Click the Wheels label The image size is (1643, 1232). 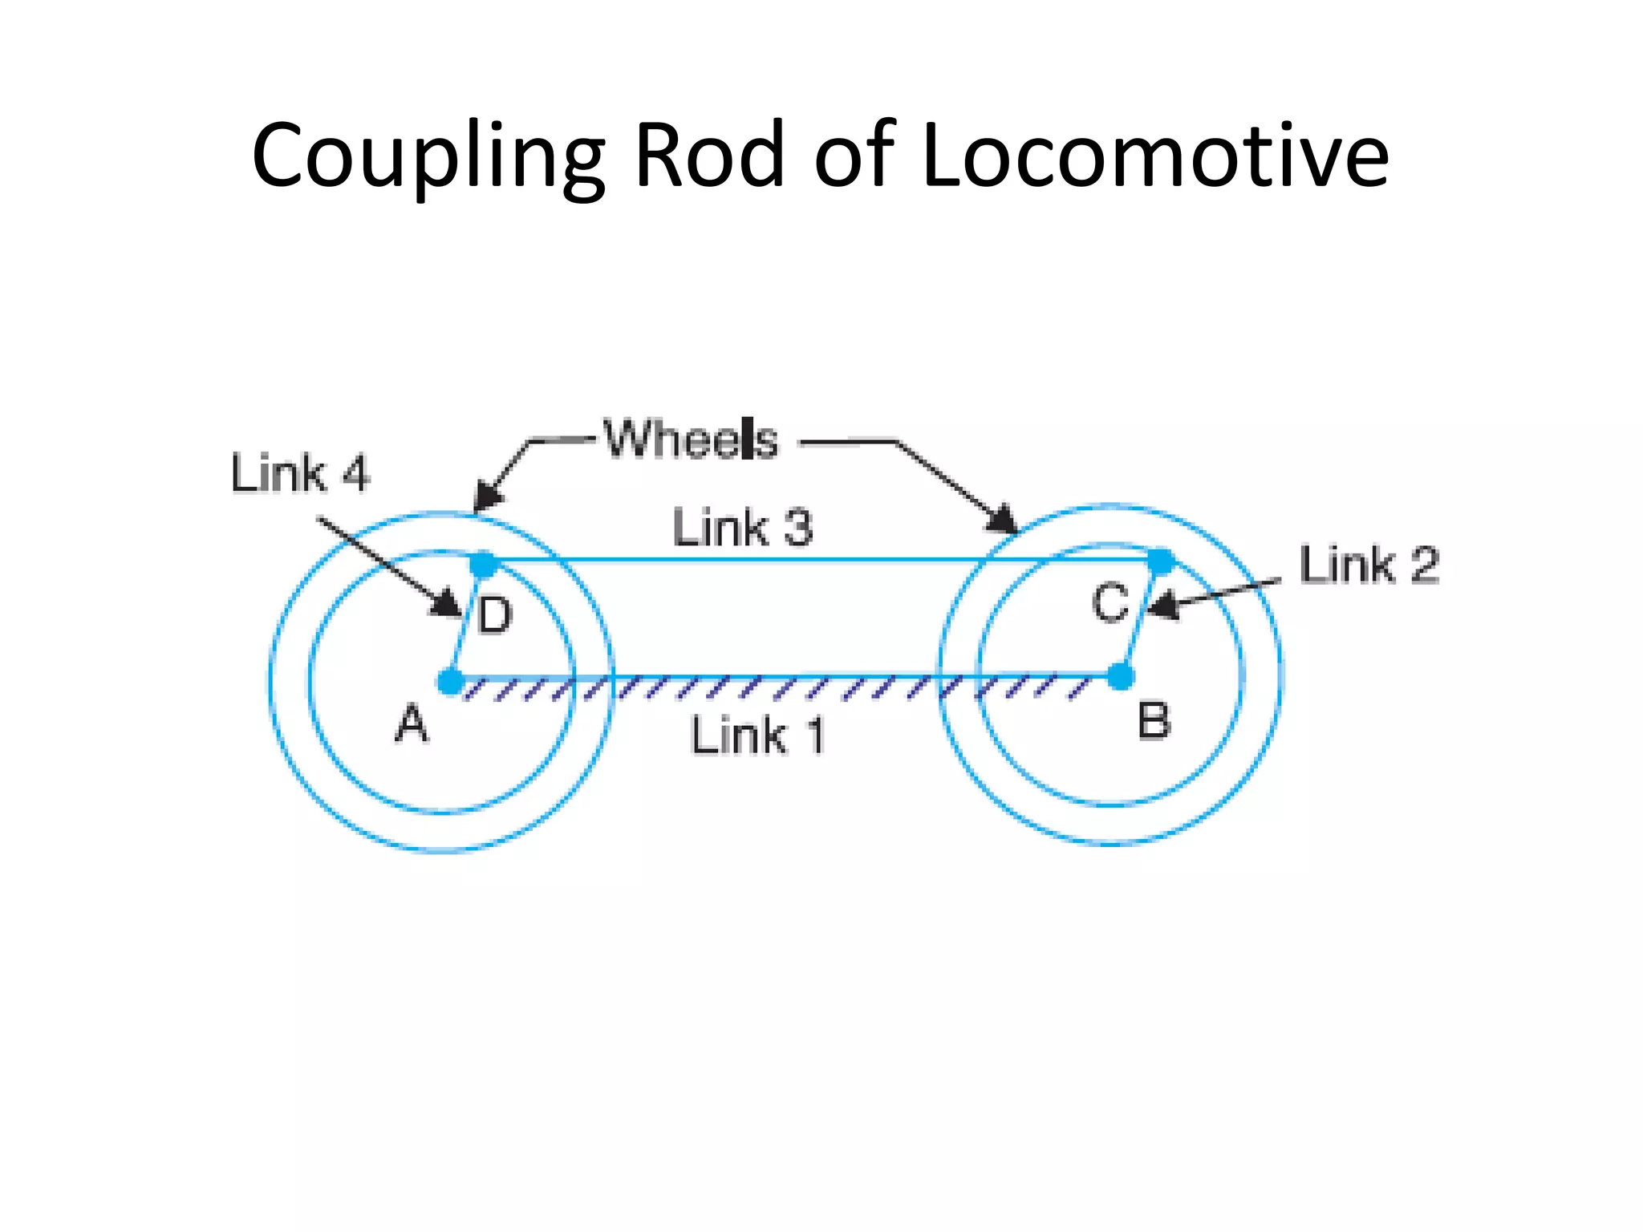click(691, 440)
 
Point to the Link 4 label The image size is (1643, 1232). click(299, 473)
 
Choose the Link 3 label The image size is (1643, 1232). click(742, 528)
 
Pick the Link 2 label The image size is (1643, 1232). click(1369, 565)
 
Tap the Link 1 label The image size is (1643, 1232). click(757, 736)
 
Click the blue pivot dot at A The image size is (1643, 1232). click(451, 682)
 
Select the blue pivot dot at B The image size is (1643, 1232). click(1120, 677)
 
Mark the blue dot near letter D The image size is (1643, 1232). click(483, 564)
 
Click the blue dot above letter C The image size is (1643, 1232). click(1160, 561)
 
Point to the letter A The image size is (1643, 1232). click(412, 724)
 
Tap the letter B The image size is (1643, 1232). click(1154, 720)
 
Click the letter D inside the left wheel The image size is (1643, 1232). click(494, 616)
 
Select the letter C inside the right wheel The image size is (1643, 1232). click(1110, 603)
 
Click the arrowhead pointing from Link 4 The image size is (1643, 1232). click(446, 604)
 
